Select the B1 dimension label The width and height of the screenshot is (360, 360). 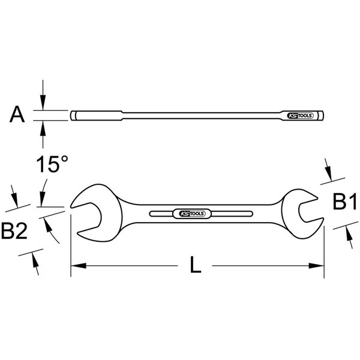345,203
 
